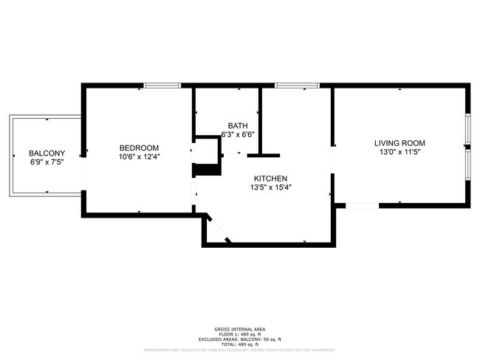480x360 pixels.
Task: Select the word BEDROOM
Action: click(x=139, y=148)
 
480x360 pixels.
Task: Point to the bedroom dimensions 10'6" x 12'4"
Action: click(x=139, y=156)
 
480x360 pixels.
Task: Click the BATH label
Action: click(x=238, y=125)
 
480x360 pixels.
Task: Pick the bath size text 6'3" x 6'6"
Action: click(x=238, y=134)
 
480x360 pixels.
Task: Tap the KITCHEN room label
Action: click(x=270, y=179)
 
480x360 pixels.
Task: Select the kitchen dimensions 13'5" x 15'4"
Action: click(x=270, y=187)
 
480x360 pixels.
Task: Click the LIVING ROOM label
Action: click(x=400, y=143)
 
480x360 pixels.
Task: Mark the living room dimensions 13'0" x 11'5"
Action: click(x=400, y=152)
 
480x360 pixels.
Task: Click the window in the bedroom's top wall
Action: click(x=162, y=86)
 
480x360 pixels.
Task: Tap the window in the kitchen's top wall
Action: click(x=297, y=86)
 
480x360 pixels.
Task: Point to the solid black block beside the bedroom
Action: click(x=207, y=170)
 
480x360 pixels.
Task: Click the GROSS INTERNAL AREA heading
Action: click(x=239, y=329)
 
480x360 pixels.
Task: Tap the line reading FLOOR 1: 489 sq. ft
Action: click(x=239, y=333)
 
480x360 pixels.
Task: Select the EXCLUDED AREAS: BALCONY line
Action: click(x=239, y=339)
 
